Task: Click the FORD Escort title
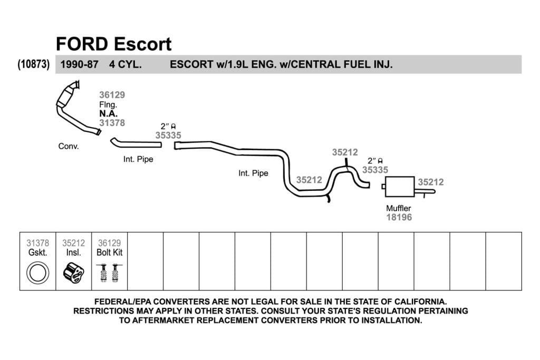point(114,44)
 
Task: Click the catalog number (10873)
point(34,64)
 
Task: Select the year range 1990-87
point(79,64)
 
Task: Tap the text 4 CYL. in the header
point(126,64)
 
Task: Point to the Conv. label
point(69,147)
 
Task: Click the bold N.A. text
point(109,113)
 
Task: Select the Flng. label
point(108,104)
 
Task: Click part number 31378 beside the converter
point(112,123)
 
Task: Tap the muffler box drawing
point(400,187)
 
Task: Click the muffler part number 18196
point(399,217)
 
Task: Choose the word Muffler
point(399,208)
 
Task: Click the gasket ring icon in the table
point(38,273)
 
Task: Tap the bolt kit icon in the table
point(110,273)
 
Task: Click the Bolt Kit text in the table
point(110,252)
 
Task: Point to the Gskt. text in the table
point(38,252)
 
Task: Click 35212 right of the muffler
point(431,182)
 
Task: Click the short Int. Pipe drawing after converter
point(136,143)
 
